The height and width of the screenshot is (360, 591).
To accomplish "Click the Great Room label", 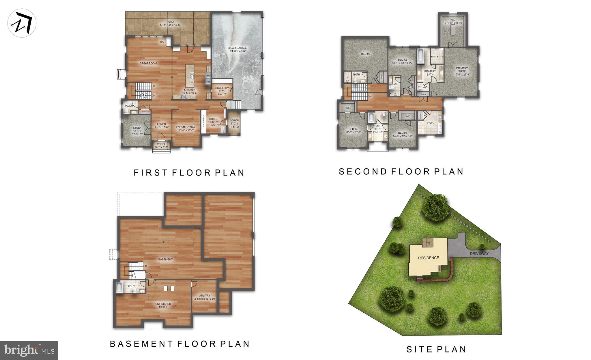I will click(148, 64).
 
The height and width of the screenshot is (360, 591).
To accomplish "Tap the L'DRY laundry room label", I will click(430, 123).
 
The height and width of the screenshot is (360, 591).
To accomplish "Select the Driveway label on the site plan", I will click(479, 253).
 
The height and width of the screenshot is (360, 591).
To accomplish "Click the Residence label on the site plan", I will click(429, 258).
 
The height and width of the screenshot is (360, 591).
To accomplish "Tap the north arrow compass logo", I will click(22, 24).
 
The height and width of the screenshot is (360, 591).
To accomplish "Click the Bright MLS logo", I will click(29, 350).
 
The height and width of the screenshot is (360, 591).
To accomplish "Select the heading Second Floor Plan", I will click(401, 171).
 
